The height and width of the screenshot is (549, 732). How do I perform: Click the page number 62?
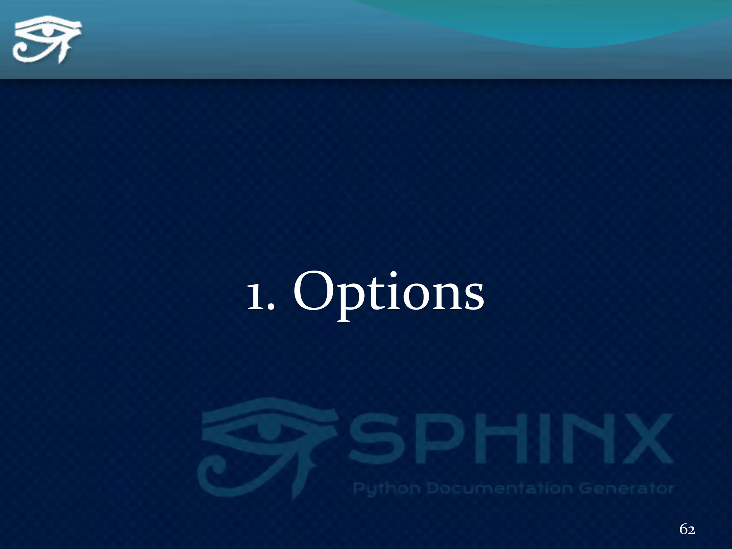click(x=687, y=529)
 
